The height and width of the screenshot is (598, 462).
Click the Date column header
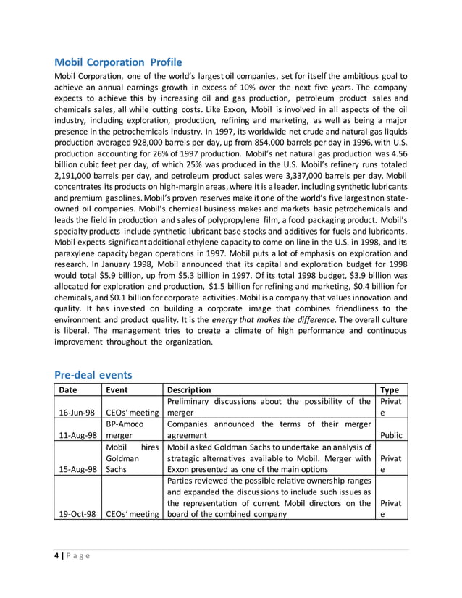pyautogui.click(x=68, y=389)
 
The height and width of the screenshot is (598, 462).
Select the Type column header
pyautogui.click(x=390, y=389)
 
